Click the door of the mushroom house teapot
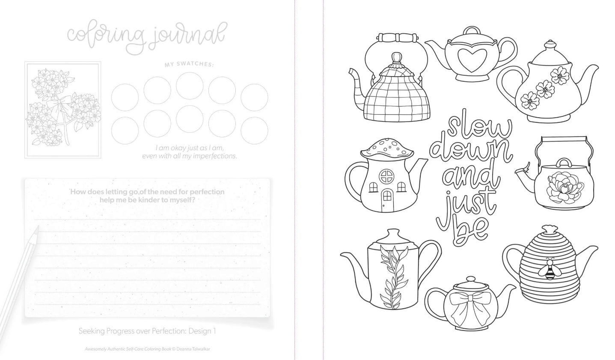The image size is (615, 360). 387,199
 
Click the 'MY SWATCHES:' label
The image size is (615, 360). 189,65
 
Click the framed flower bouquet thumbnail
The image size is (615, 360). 63,110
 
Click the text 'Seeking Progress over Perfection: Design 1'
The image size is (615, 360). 147,331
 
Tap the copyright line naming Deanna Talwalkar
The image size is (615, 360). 147,349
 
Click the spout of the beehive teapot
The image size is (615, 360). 591,256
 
